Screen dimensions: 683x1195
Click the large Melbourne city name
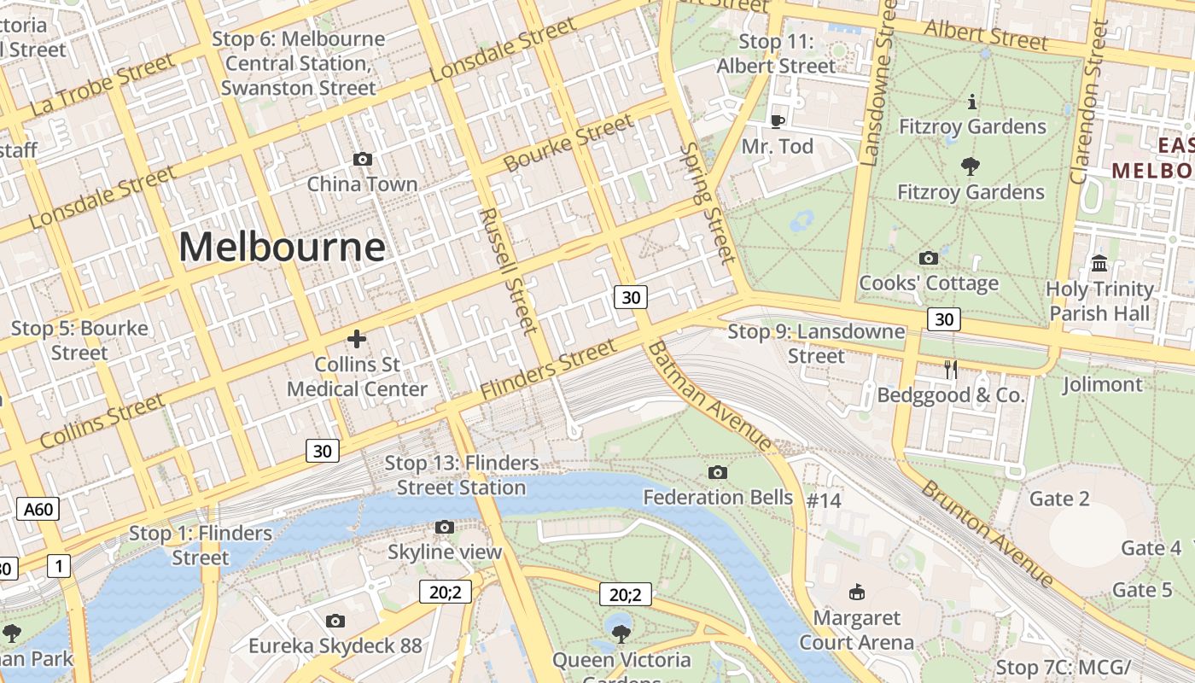(282, 248)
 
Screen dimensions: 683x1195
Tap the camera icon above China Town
(363, 159)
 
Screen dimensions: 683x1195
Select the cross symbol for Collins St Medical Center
(357, 339)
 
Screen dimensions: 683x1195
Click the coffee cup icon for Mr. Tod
(777, 121)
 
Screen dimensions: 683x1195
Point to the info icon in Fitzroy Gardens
(972, 102)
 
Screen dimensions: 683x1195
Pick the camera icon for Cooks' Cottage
(929, 258)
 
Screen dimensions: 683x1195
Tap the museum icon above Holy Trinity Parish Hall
(1099, 263)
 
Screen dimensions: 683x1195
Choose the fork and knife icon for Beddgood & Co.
(951, 370)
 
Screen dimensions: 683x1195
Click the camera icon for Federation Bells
(718, 472)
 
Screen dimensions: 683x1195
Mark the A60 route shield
(38, 510)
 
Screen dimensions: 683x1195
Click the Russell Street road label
(508, 270)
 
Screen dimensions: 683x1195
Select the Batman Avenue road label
(709, 396)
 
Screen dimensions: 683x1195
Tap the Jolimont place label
(1102, 384)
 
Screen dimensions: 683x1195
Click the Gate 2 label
(1059, 499)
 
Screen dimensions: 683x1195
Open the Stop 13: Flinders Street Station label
(461, 476)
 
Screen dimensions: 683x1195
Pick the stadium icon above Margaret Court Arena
(857, 592)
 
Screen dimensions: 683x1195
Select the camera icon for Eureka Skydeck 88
(335, 621)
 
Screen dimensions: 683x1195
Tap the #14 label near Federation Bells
(824, 500)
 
